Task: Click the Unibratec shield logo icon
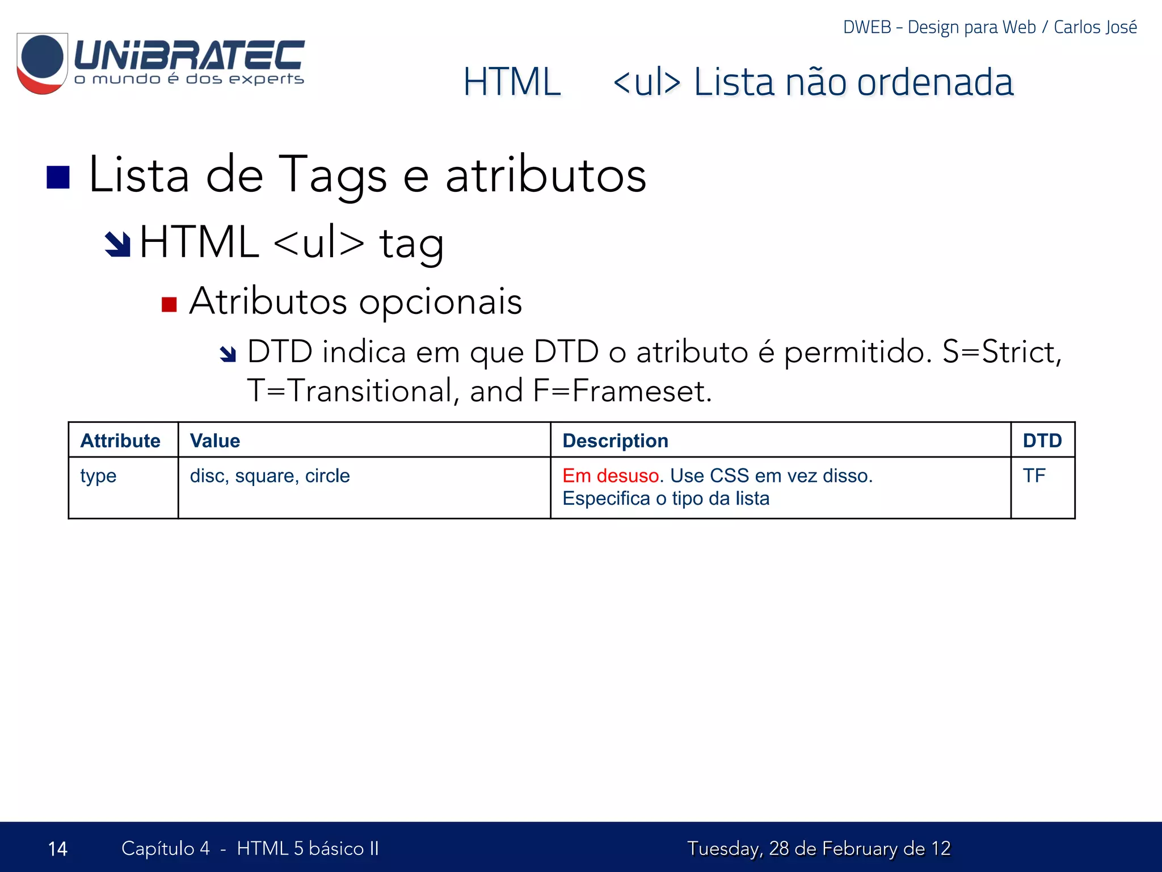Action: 43,62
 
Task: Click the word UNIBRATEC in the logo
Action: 190,55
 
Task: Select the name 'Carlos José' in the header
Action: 1095,27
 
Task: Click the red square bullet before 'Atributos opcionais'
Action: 169,304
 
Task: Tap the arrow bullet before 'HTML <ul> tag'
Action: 118,244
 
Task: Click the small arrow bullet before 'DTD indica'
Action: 228,354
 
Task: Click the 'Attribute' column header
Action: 120,441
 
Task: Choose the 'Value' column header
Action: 215,441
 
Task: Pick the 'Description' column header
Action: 615,441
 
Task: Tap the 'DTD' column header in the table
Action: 1042,441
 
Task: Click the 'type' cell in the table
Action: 98,476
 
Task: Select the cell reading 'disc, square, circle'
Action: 270,476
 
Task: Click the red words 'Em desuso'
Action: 611,476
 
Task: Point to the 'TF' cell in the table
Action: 1034,476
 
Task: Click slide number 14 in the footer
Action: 58,849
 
